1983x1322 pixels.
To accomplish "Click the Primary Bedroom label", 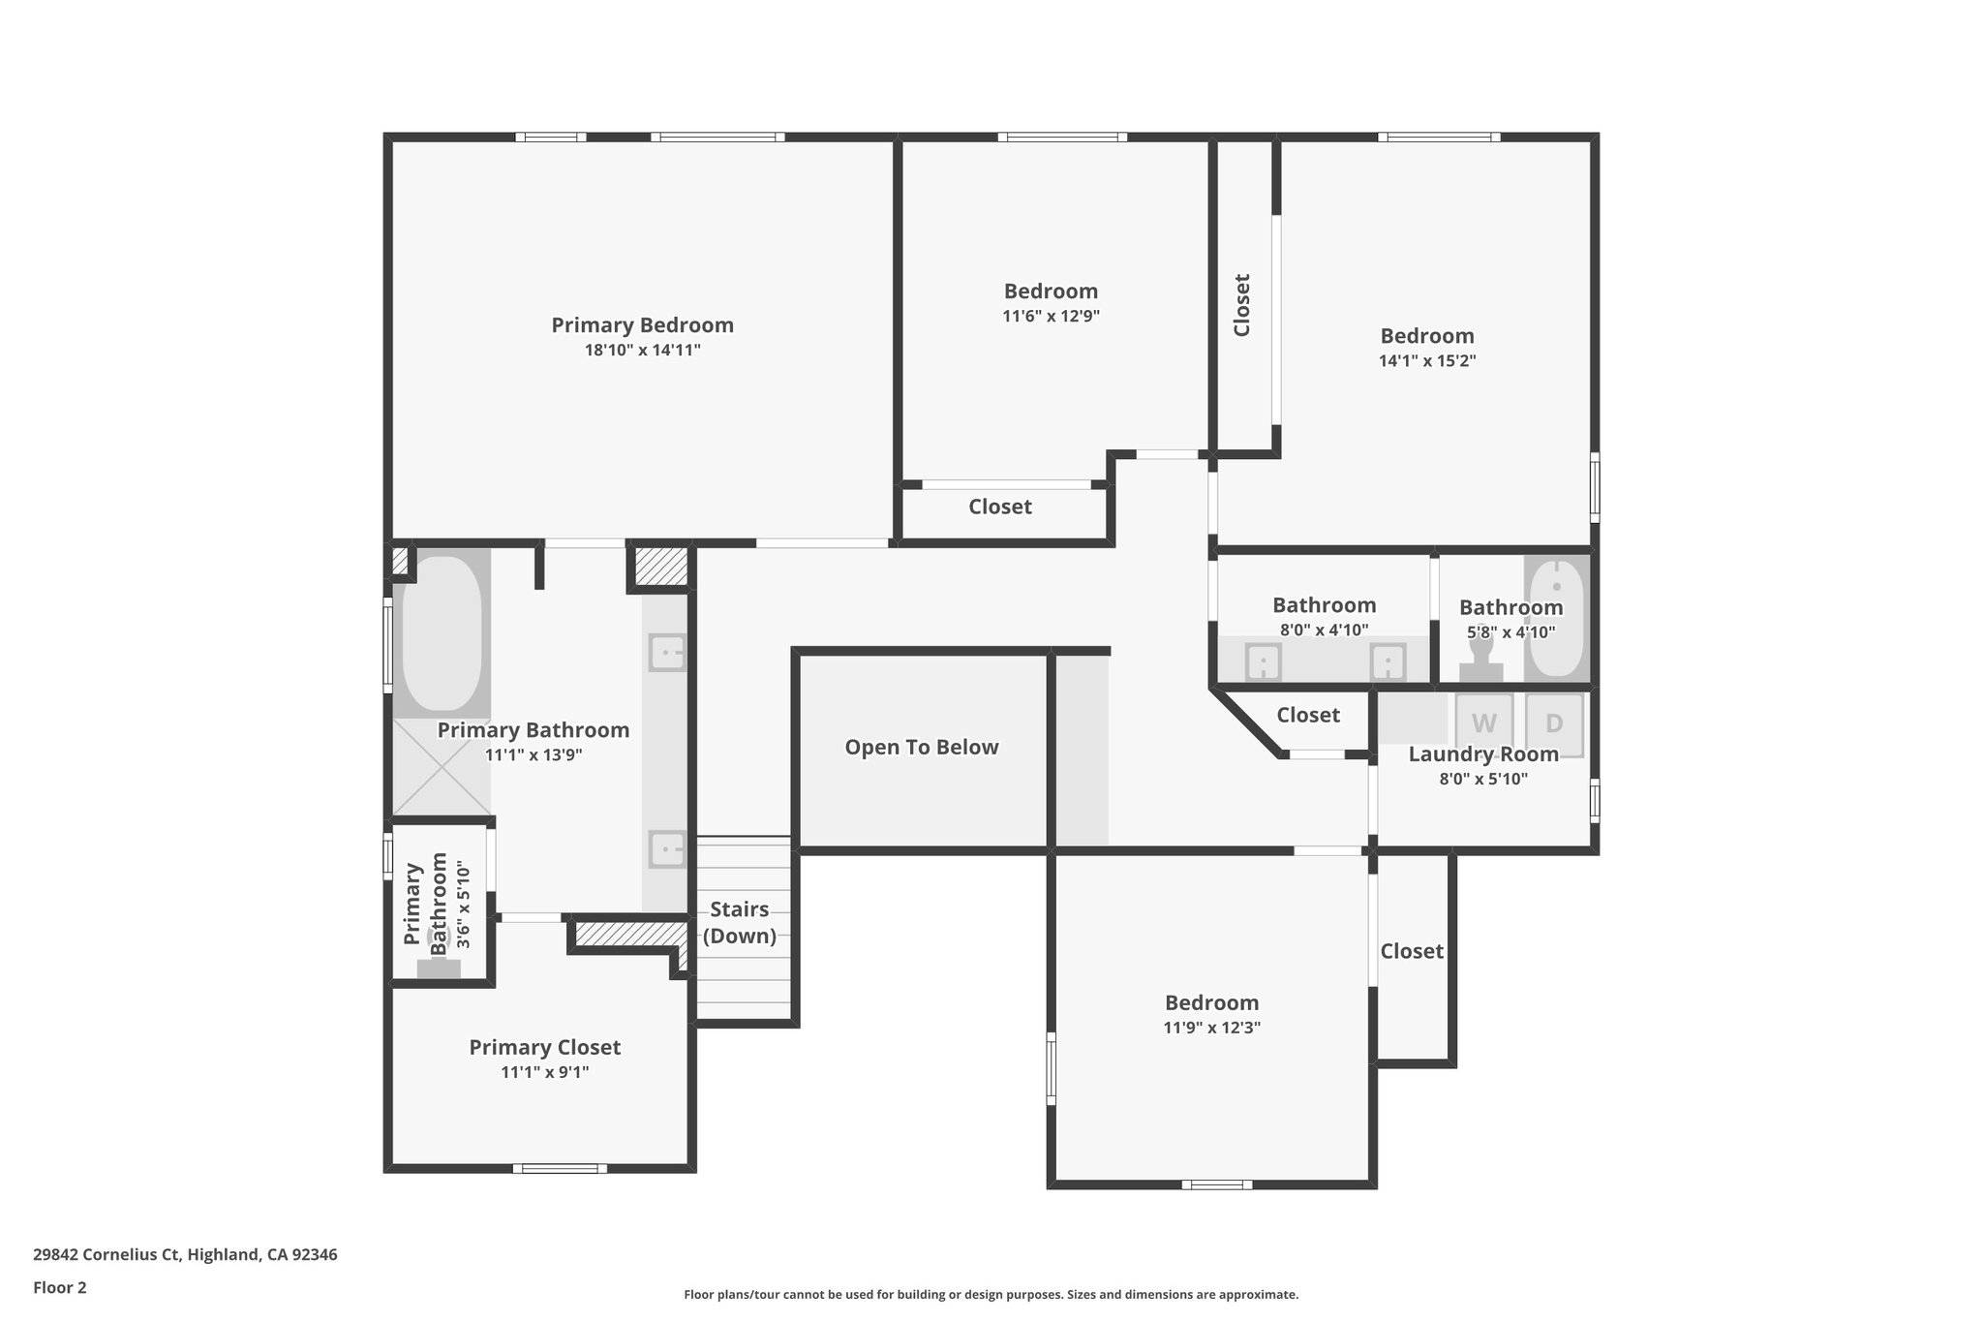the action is tap(642, 325).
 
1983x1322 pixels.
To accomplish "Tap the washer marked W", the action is tap(1484, 723).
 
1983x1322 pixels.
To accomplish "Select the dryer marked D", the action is tap(1554, 723).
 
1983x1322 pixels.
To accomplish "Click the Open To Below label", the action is tap(921, 748).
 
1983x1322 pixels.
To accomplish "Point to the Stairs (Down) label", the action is tap(740, 923).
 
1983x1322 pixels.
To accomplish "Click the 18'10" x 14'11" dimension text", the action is tap(642, 351).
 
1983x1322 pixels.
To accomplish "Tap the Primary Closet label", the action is tap(544, 1048).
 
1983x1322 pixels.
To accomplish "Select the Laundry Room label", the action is tap(1483, 754).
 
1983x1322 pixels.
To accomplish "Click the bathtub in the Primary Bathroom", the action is tap(442, 632).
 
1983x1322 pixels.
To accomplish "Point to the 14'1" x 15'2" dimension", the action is tap(1427, 361).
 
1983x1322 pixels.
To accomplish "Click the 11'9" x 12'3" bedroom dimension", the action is tap(1211, 1029).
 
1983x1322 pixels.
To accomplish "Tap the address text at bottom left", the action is tap(185, 1255).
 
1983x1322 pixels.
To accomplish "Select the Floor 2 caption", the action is tap(59, 1288).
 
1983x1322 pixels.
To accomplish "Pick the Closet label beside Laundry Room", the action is tap(1307, 716).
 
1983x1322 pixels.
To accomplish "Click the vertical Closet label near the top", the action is tap(1242, 305).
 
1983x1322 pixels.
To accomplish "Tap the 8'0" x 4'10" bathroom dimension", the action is tap(1324, 630).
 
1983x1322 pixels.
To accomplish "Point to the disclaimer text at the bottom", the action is tap(991, 1294).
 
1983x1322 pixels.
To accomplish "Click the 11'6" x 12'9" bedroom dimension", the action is tap(1051, 317).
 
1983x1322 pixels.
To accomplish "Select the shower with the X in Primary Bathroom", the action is tap(442, 766).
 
